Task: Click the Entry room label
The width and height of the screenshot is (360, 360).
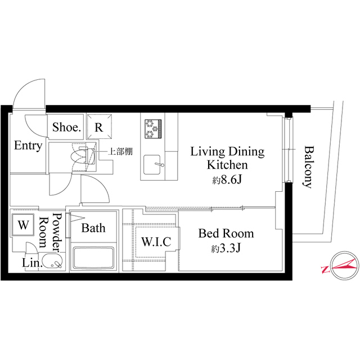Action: [28, 146]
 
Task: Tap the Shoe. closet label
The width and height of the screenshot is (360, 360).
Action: [67, 127]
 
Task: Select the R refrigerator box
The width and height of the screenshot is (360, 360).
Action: [98, 127]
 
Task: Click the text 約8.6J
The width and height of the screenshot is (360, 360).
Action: [227, 181]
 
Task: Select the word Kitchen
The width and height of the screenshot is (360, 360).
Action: [227, 165]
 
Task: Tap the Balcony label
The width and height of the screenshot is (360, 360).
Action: [308, 166]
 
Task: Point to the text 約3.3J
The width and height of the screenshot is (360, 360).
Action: [227, 248]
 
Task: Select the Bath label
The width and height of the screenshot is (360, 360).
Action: [93, 228]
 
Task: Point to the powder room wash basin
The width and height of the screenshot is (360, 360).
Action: [52, 262]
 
